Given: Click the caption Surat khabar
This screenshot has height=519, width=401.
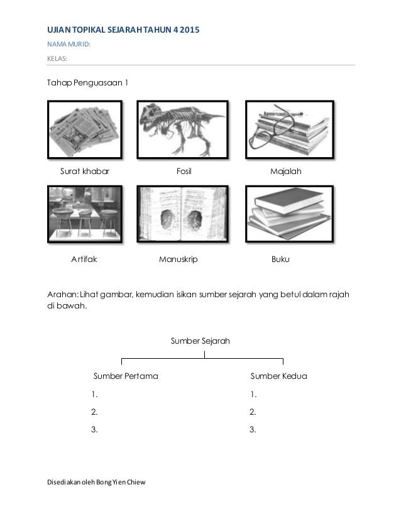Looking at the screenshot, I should (x=84, y=170).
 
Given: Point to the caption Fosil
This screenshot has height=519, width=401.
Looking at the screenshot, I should (x=184, y=170).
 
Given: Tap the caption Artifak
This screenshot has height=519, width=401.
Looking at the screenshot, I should (x=83, y=258).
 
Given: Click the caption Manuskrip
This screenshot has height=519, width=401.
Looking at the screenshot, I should (x=179, y=258).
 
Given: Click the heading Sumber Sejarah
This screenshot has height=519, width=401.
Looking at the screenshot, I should (x=200, y=341).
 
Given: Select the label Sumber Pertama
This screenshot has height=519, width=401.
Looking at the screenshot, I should (x=126, y=376).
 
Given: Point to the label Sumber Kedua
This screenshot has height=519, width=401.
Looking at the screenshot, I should (x=278, y=376).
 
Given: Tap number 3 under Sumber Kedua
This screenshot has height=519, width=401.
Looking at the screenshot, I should (x=253, y=430).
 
